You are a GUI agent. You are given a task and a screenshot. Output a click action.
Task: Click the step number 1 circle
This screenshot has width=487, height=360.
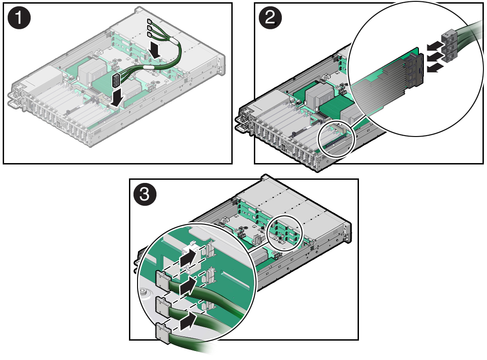19,18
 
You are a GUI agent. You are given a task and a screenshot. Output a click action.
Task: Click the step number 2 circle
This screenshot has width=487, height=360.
270,18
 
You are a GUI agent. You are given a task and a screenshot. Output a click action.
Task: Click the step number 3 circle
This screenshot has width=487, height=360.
145,194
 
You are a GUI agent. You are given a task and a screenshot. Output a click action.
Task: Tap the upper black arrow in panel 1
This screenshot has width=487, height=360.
154,50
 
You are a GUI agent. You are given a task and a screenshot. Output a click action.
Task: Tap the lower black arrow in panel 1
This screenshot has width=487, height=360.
117,97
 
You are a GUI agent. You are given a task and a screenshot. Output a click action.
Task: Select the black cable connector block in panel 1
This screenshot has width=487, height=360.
115,81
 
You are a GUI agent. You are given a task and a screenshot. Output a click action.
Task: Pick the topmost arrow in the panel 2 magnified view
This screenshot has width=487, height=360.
434,46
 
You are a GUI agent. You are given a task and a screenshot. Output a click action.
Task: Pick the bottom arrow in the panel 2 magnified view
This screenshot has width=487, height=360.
434,67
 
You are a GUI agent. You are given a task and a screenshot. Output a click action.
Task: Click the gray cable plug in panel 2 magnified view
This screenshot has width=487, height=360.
449,46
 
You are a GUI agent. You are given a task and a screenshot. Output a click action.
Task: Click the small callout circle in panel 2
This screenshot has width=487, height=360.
336,139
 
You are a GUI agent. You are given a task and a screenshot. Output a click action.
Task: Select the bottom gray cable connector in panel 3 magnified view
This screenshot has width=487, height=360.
162,333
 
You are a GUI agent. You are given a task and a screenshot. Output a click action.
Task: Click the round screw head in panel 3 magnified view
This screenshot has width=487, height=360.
143,292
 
